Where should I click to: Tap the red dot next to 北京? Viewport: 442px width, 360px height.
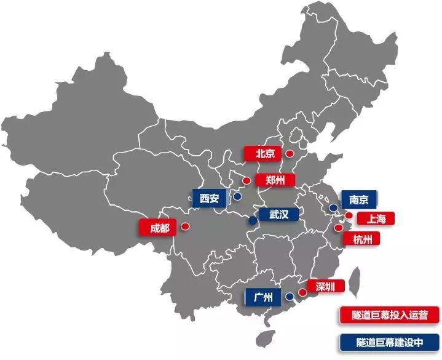289,154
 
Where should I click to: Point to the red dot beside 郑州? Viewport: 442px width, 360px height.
246,180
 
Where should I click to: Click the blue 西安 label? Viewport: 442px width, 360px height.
209,198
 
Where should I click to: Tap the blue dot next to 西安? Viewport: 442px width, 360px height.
237,198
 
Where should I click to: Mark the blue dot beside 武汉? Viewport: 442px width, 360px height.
252,220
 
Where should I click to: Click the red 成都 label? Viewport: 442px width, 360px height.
159,227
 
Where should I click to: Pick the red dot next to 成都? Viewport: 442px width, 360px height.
185,226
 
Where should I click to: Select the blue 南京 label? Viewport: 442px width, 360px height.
358,199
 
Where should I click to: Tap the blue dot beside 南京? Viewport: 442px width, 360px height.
332,208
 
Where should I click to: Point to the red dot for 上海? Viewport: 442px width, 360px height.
349,216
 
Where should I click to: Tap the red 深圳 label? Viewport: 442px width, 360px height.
325,286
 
